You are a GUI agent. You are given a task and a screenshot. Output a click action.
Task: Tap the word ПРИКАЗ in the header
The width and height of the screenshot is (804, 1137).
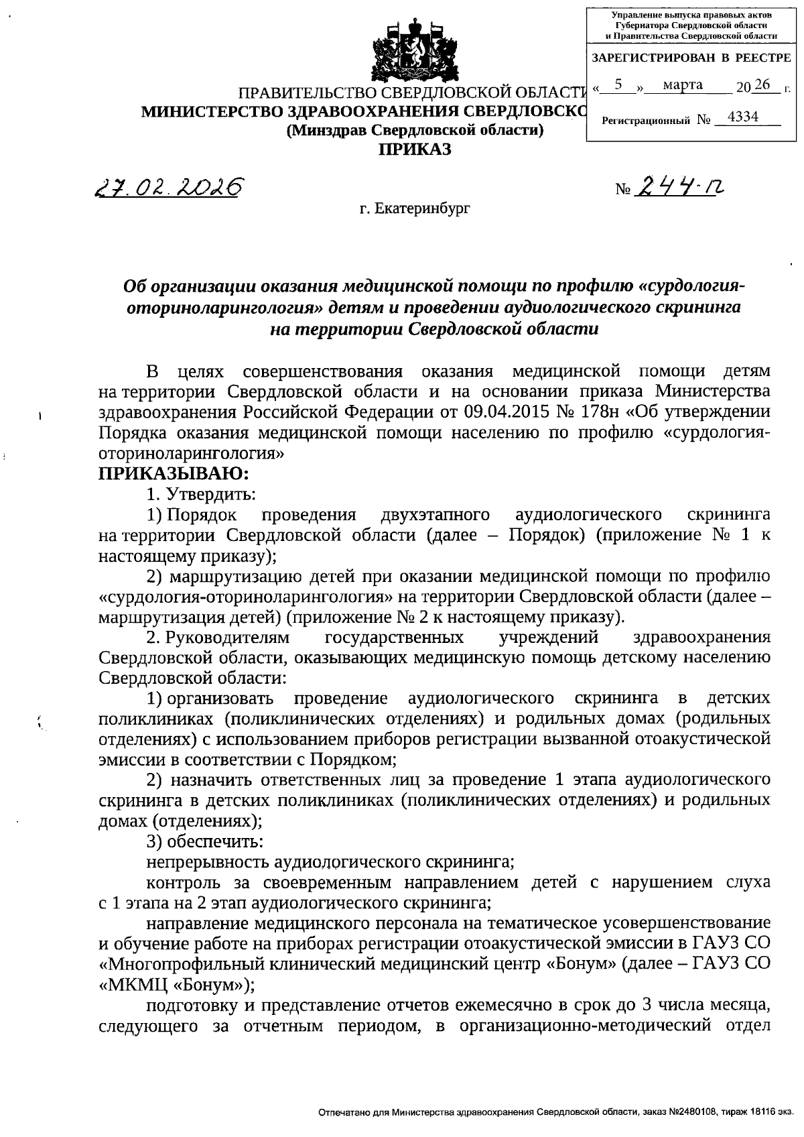415,149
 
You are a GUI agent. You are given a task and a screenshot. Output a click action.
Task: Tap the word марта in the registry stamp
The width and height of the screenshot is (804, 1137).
682,85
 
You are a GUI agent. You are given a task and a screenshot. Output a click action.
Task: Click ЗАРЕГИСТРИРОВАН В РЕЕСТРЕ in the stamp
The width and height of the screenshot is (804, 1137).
691,58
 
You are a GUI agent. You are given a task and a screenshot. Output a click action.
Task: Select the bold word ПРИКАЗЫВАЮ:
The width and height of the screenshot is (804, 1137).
174,474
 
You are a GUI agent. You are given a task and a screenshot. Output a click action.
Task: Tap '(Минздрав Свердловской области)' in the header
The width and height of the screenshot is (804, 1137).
415,131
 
